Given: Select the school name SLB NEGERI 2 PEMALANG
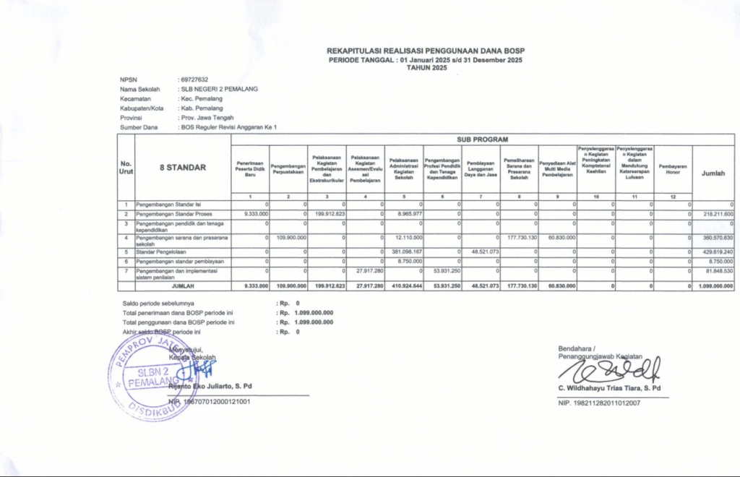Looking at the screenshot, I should point(219,89).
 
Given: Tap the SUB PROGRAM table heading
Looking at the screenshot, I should point(482,139).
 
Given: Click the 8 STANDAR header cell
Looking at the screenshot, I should point(182,168).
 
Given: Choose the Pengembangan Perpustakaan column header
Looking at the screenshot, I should point(288,168).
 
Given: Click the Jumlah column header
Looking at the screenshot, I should point(713,173).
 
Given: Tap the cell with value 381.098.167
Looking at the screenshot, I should point(405,251).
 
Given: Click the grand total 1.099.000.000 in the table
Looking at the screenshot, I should point(713,286).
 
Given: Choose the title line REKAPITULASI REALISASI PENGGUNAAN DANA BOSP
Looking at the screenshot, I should point(426,51).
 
